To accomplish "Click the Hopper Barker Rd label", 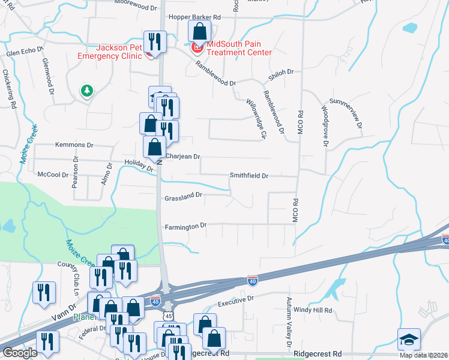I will tap(194, 17).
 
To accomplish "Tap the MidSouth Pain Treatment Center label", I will tap(239, 48).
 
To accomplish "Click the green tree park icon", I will tap(88, 91).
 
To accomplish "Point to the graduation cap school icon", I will tap(408, 339).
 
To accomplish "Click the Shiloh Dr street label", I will tap(280, 72).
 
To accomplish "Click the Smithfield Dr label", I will tap(249, 176).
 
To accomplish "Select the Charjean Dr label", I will tap(182, 157).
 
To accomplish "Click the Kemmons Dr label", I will tap(74, 145).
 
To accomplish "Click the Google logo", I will tap(20, 353).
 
